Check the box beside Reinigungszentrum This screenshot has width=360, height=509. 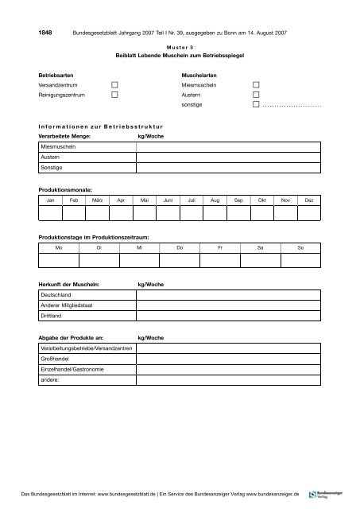pyautogui.click(x=115, y=94)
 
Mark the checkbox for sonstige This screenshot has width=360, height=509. pyautogui.click(x=256, y=104)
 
